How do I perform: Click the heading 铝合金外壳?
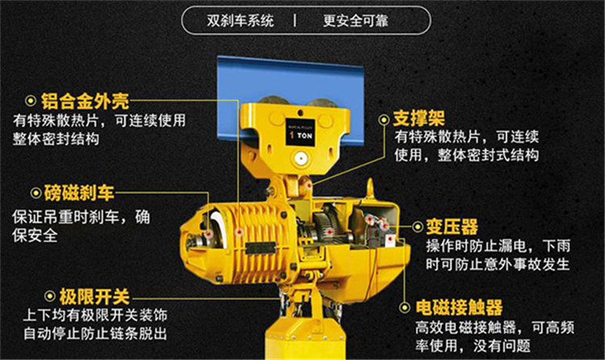click(x=85, y=101)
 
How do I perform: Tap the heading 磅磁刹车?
click(x=79, y=193)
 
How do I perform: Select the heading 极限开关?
click(x=94, y=297)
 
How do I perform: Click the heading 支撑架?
click(x=419, y=119)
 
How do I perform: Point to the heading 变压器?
click(x=453, y=227)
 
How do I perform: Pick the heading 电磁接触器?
click(x=459, y=308)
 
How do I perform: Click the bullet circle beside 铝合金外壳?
click(x=31, y=101)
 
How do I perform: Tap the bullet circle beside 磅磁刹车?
click(x=35, y=193)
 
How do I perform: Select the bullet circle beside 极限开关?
click(x=50, y=296)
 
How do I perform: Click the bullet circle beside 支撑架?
click(x=384, y=119)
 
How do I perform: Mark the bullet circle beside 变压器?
click(x=418, y=226)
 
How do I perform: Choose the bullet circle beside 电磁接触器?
click(x=404, y=308)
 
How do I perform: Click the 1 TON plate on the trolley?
click(x=301, y=132)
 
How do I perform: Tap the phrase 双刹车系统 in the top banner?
click(x=240, y=20)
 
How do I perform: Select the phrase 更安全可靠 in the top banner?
click(x=356, y=20)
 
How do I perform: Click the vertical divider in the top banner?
click(x=295, y=20)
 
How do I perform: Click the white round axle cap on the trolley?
click(x=300, y=158)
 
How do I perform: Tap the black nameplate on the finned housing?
click(x=261, y=248)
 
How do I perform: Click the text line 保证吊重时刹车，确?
click(x=81, y=217)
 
